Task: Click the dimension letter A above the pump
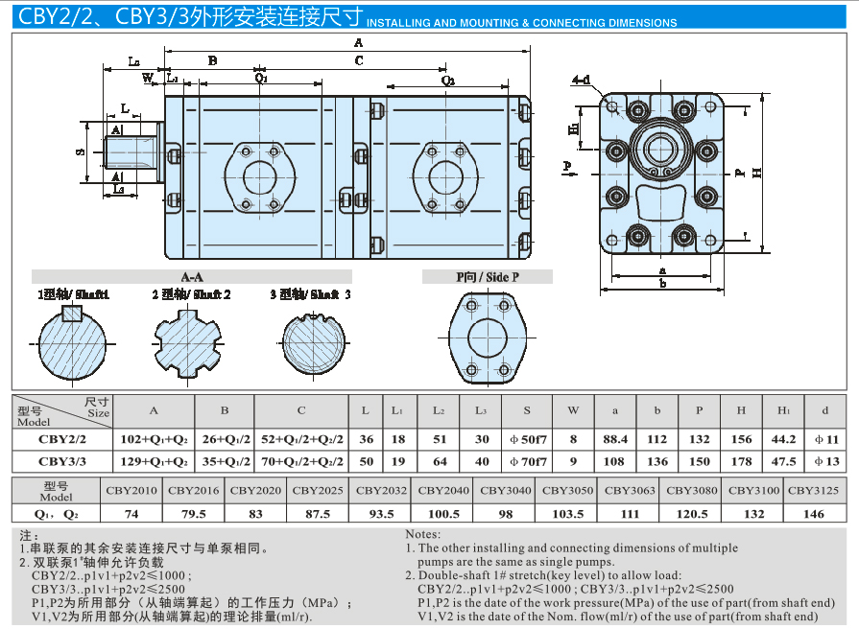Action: tap(358, 43)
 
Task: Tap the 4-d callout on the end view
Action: tap(581, 81)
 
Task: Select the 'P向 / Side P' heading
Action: tap(488, 277)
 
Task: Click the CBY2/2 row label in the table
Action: tap(61, 439)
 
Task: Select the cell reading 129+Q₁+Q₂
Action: tap(153, 461)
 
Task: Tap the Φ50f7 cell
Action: tap(527, 439)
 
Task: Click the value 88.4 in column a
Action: tap(614, 439)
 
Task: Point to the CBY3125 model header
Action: tap(813, 490)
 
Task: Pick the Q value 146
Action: tap(813, 514)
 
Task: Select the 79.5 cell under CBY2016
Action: tap(194, 514)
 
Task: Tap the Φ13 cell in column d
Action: tap(826, 461)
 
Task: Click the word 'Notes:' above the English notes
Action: tap(422, 534)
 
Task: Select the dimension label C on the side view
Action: tap(359, 60)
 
